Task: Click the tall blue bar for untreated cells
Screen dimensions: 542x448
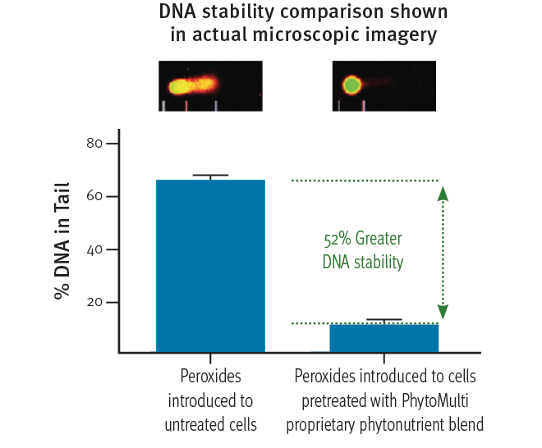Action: tap(210, 266)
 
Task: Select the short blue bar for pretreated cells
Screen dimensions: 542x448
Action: tap(384, 338)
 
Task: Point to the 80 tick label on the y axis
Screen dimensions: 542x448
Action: tap(94, 143)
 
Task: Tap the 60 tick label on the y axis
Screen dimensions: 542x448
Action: tap(94, 196)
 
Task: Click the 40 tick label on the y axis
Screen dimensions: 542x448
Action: tap(94, 249)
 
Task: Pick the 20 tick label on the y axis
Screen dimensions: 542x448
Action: tap(94, 302)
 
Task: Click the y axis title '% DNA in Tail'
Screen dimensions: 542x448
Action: tap(62, 240)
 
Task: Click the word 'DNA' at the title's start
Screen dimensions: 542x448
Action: tap(177, 11)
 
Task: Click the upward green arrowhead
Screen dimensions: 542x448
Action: tap(443, 193)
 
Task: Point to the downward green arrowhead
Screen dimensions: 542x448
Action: tap(443, 312)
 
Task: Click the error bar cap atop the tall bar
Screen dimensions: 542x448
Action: tap(210, 175)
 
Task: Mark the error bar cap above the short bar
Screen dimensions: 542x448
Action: tap(384, 319)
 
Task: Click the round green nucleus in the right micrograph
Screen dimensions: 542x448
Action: tap(351, 85)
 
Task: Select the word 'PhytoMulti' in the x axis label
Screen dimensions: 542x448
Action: tap(435, 400)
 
